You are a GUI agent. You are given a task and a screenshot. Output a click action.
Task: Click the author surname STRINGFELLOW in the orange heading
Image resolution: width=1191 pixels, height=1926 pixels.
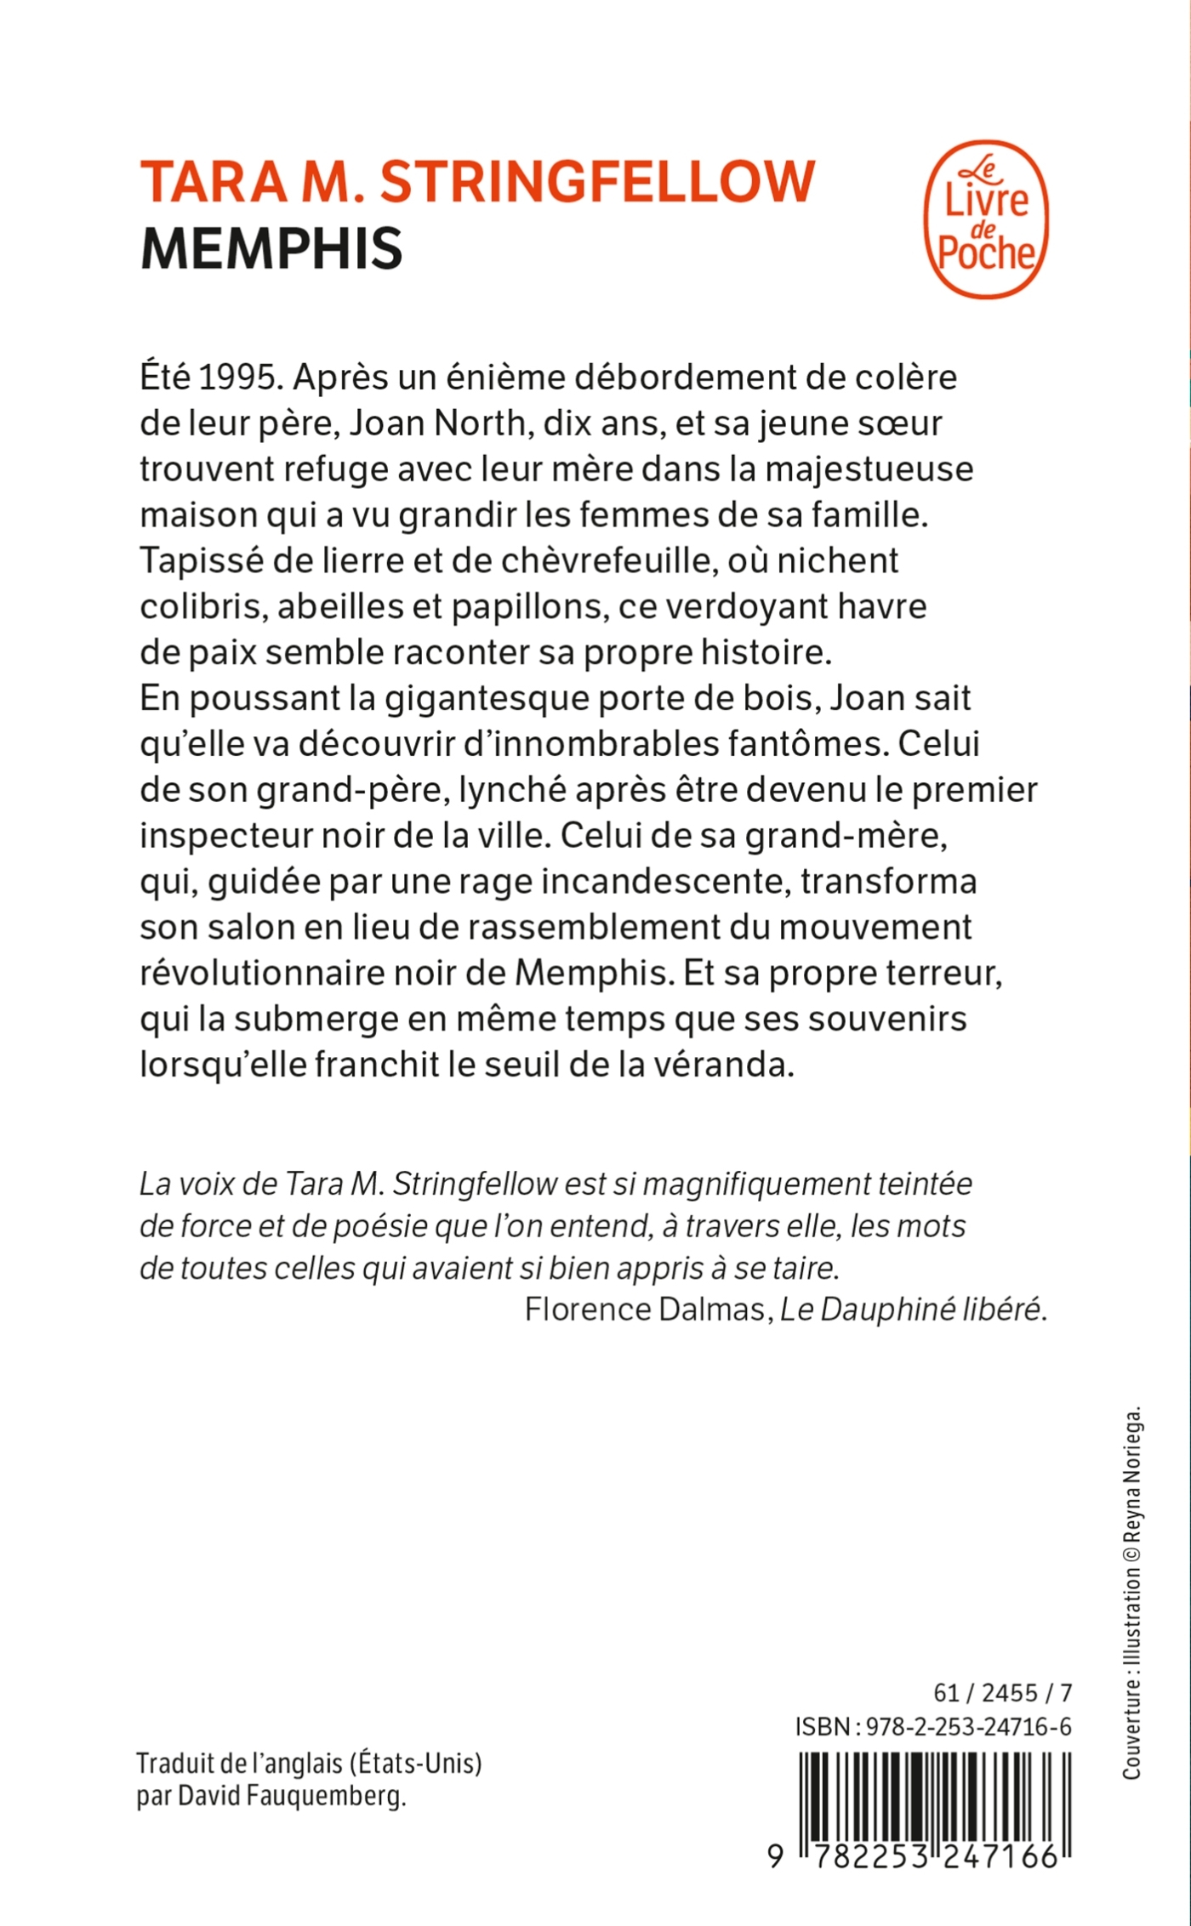pyautogui.click(x=597, y=181)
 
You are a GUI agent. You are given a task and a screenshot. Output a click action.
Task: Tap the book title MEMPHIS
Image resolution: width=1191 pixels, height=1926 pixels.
pyautogui.click(x=271, y=248)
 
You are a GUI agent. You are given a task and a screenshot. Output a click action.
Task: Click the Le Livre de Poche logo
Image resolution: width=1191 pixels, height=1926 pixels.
pyautogui.click(x=986, y=219)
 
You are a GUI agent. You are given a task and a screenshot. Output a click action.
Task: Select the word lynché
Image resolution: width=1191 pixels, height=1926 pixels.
pyautogui.click(x=513, y=790)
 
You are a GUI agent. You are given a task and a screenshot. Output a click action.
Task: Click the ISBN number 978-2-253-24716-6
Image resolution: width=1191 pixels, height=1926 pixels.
pyautogui.click(x=968, y=1726)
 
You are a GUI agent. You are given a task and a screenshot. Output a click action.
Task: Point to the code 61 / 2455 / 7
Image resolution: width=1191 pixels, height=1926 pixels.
pyautogui.click(x=1002, y=1692)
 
